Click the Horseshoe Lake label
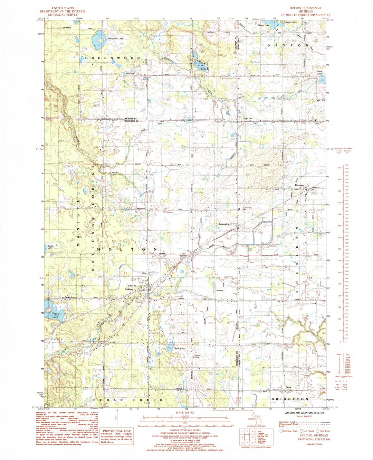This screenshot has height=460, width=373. point(115,39)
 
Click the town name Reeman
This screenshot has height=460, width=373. point(299,185)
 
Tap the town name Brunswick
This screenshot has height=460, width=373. point(224,224)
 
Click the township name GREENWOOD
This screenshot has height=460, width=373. point(111,58)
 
